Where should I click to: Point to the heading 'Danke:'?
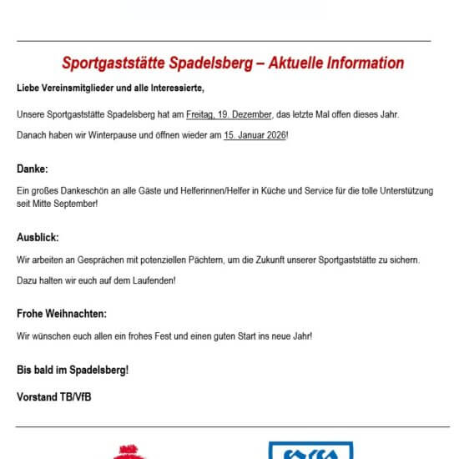click(33, 169)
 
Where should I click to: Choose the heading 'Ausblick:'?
click(38, 238)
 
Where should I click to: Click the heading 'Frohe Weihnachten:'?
click(62, 315)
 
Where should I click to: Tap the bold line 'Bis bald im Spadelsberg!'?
click(73, 369)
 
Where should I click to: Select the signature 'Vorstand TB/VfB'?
click(54, 396)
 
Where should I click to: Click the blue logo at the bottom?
click(305, 451)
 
